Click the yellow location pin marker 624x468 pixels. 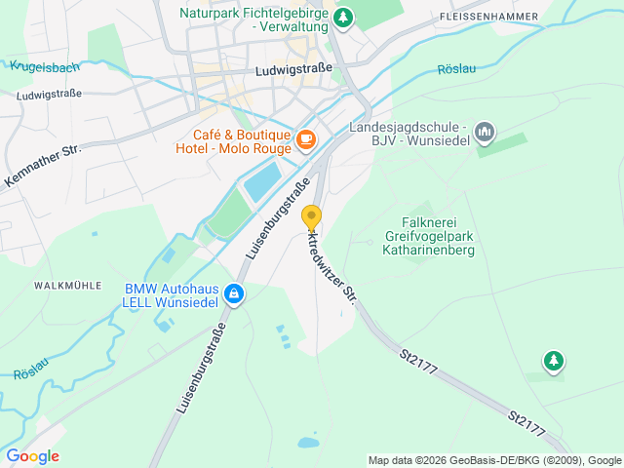click(311, 217)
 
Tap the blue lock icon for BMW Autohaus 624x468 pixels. click(234, 292)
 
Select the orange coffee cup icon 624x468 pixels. click(306, 140)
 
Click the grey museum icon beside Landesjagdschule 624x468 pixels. click(485, 132)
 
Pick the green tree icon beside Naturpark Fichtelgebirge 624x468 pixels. click(343, 17)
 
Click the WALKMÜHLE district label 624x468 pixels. click(68, 286)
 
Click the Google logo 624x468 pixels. click(32, 456)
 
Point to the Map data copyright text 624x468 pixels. click(494, 460)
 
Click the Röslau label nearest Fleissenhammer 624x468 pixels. click(456, 68)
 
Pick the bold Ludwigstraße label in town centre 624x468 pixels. click(292, 71)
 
